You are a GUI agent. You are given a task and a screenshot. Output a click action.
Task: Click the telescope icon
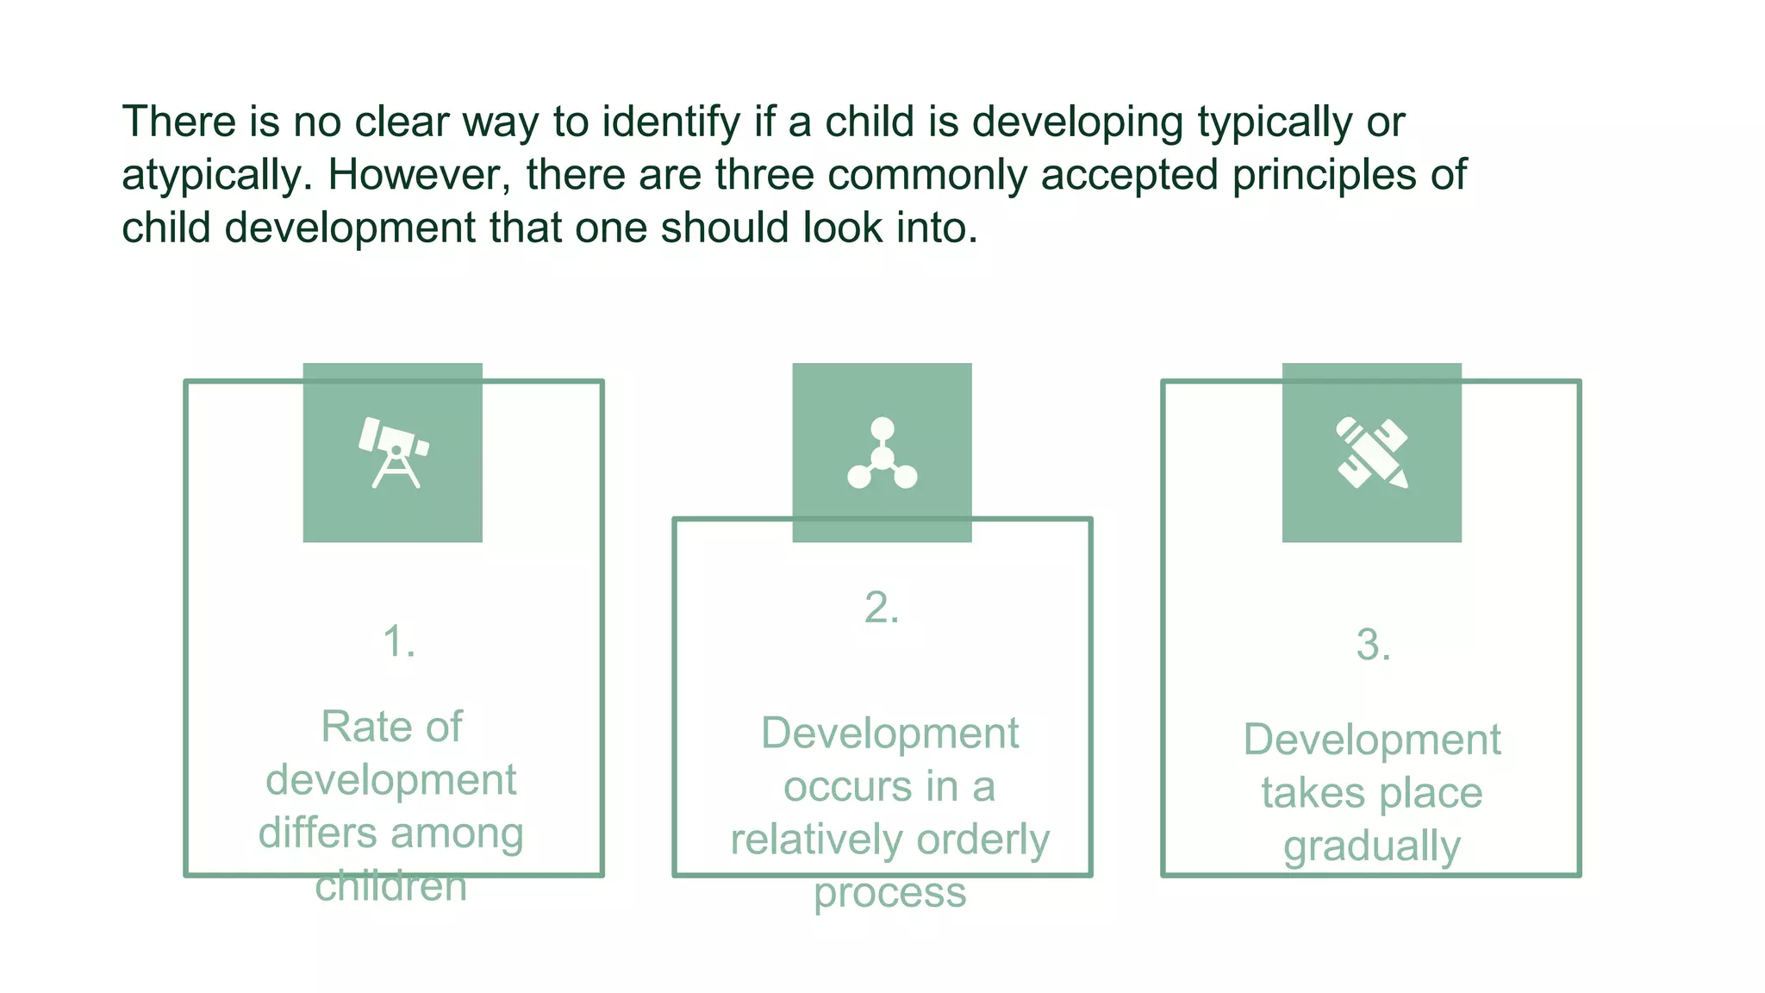click(x=394, y=453)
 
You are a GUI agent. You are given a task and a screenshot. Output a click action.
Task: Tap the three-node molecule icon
click(x=882, y=453)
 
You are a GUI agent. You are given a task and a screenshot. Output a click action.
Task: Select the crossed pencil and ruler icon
click(x=1371, y=453)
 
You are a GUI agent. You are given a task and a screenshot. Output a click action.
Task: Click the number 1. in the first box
click(x=399, y=642)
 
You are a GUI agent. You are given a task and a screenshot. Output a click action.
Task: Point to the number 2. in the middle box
click(x=882, y=609)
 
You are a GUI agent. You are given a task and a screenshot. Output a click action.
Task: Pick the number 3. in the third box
click(x=1373, y=645)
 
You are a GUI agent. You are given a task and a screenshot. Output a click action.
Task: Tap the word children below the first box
click(x=390, y=886)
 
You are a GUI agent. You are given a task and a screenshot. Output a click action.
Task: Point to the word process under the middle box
click(x=889, y=894)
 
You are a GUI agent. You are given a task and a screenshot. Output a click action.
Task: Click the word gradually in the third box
click(x=1371, y=846)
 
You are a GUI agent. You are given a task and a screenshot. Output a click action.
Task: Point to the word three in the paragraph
click(x=764, y=175)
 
